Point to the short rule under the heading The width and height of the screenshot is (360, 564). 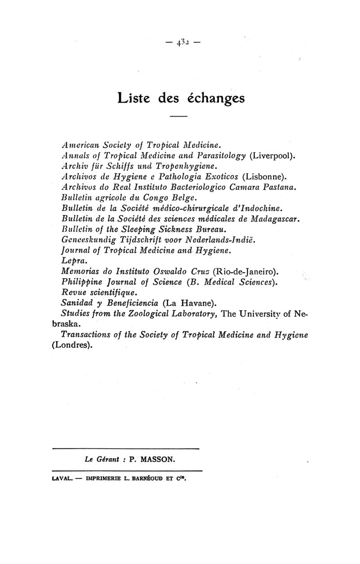coord(178,117)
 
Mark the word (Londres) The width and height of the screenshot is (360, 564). coord(73,346)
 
